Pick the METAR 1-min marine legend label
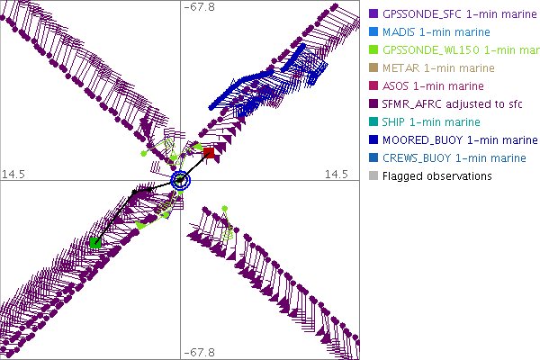pyautogui.click(x=426, y=67)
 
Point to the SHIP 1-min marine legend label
pyautogui.click(x=423, y=121)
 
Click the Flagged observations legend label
pyautogui.click(x=436, y=175)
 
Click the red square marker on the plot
pyautogui.click(x=208, y=153)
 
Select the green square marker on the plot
pyautogui.click(x=95, y=242)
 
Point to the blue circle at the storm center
pyautogui.click(x=181, y=180)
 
